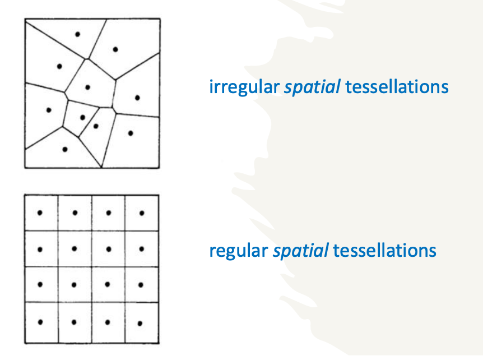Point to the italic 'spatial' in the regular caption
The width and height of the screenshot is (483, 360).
click(x=300, y=251)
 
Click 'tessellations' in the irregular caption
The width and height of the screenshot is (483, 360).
click(x=397, y=87)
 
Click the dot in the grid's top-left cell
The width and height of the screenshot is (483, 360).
click(x=40, y=213)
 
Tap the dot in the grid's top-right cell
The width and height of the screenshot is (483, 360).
click(x=142, y=213)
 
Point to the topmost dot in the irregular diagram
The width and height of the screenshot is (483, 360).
click(x=78, y=34)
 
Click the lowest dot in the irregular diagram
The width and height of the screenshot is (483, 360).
click(x=65, y=149)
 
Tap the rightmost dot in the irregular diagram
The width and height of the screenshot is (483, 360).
click(x=138, y=98)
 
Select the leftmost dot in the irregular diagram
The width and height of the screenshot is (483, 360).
click(x=49, y=110)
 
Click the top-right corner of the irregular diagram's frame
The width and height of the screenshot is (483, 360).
click(x=160, y=19)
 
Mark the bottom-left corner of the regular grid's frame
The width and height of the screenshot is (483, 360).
click(x=25, y=343)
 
